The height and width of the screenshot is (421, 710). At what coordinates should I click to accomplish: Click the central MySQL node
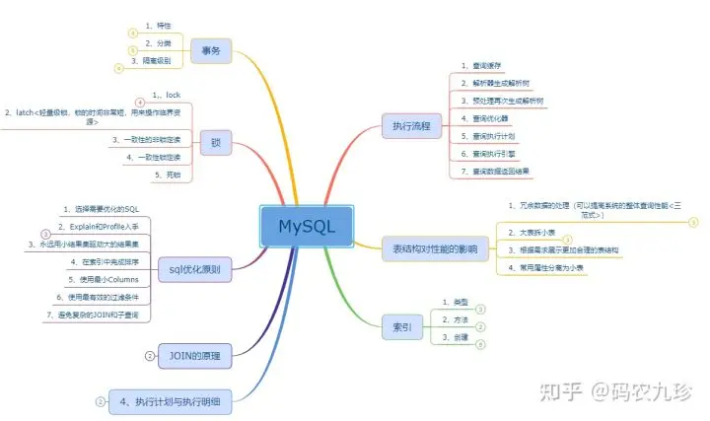[307, 227]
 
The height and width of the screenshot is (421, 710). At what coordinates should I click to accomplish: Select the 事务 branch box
[210, 49]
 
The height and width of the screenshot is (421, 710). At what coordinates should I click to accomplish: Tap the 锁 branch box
[216, 141]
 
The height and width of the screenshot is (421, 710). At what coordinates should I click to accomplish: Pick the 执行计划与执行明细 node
[177, 401]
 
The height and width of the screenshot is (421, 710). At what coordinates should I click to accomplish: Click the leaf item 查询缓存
[491, 64]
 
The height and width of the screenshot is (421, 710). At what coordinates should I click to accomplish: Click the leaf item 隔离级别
[152, 60]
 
